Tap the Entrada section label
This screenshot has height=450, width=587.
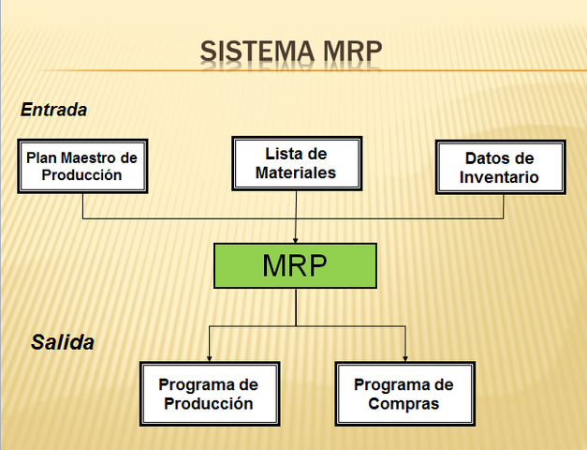[x=53, y=110]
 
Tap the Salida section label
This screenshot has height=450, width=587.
[x=63, y=342]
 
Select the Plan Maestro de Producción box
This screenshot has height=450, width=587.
[x=81, y=167]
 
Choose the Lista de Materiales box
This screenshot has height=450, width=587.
[x=296, y=164]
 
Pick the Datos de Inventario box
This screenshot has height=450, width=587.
[x=500, y=168]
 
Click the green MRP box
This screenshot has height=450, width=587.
[x=295, y=265]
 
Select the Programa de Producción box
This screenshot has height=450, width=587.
[x=208, y=394]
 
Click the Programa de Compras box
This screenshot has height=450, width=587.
[x=404, y=394]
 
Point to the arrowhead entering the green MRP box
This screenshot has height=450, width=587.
[x=296, y=239]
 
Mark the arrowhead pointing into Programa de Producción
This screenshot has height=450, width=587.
[x=208, y=357]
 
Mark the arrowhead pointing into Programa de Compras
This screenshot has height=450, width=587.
[x=405, y=357]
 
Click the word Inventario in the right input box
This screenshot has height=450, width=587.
[x=500, y=177]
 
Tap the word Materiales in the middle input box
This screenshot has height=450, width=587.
[x=296, y=173]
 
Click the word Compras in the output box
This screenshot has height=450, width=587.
[x=404, y=404]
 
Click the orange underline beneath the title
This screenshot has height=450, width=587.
[x=374, y=71]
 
